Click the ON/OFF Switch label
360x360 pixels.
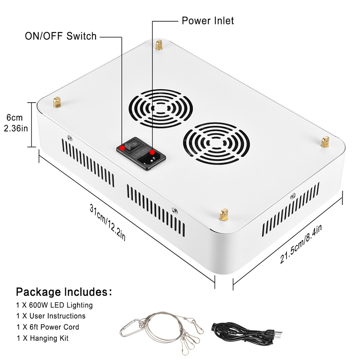click(60, 36)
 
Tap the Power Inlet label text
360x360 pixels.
click(207, 21)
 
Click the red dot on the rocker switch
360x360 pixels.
click(123, 147)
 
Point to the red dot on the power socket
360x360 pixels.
click(152, 152)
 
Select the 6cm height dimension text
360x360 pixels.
click(15, 118)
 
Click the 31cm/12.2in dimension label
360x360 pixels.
click(108, 223)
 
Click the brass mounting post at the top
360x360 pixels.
click(158, 45)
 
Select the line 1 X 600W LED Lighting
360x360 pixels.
click(54, 305)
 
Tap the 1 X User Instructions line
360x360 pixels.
click(51, 316)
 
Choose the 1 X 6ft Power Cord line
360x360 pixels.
click(48, 327)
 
